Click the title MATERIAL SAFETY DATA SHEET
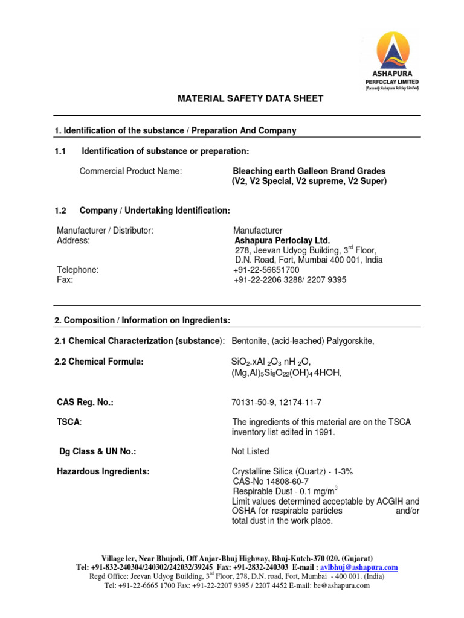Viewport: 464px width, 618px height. [x=242, y=98]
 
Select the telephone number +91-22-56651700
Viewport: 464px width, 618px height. [x=266, y=270]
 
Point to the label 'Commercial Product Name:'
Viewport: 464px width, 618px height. [x=130, y=171]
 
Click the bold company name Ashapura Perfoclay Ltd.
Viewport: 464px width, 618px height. [x=282, y=240]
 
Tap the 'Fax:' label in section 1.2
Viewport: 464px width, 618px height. [x=65, y=280]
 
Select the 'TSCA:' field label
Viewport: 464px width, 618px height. [x=69, y=422]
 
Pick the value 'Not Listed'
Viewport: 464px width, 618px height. [x=250, y=451]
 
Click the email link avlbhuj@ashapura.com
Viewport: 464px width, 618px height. [x=359, y=568]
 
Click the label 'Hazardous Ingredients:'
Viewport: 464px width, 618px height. [x=103, y=471]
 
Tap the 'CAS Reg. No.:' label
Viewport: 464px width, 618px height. [x=85, y=402]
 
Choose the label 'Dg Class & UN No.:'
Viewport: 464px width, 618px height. [x=97, y=451]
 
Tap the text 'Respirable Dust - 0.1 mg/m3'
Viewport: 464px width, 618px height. [x=285, y=491]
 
